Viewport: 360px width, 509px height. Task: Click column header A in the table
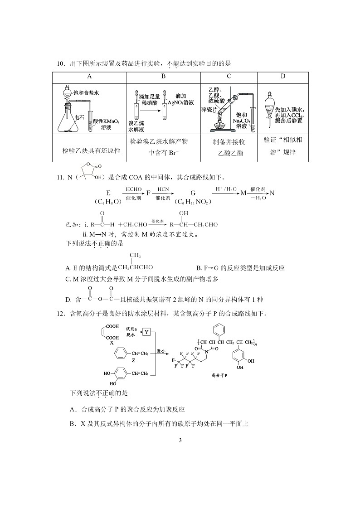(x=89, y=76)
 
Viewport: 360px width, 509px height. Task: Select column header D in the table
(x=283, y=76)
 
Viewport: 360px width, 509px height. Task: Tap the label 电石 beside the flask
(x=79, y=117)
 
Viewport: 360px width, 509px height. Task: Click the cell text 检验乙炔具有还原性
(x=91, y=150)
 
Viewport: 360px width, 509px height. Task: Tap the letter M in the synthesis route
(x=243, y=193)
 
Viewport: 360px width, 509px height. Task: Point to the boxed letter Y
(x=146, y=332)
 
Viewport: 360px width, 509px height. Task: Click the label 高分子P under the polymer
(x=219, y=375)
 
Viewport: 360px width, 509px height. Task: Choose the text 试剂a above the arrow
(x=131, y=328)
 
